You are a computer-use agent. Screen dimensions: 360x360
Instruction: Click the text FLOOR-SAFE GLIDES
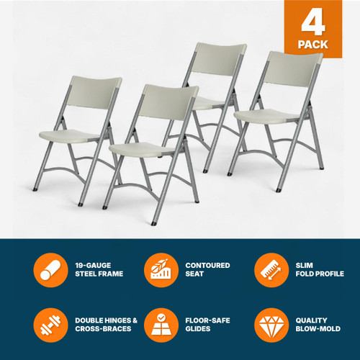pyautogui.click(x=207, y=325)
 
